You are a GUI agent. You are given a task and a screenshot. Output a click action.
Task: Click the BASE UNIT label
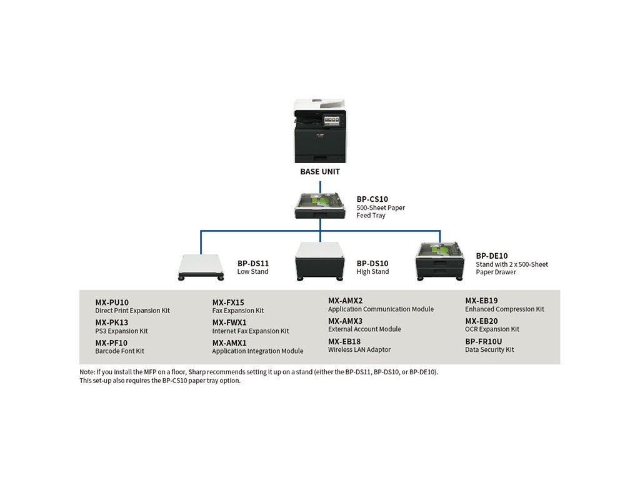pyautogui.click(x=320, y=172)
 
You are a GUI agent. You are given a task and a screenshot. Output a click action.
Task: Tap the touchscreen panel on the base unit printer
pyautogui.click(x=331, y=121)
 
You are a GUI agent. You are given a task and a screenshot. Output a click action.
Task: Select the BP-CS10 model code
pyautogui.click(x=372, y=199)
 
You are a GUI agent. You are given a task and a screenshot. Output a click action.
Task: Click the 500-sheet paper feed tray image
pyautogui.click(x=321, y=205)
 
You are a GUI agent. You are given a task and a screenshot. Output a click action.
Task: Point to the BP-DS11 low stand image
pyautogui.click(x=201, y=267)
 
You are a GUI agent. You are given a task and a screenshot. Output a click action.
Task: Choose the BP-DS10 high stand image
pyautogui.click(x=320, y=261)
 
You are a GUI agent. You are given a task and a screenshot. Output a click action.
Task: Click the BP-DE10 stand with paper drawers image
pyautogui.click(x=440, y=262)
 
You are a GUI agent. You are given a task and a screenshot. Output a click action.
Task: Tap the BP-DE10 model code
pyautogui.click(x=492, y=256)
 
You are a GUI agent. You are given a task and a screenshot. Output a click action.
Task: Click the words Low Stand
pyautogui.click(x=252, y=272)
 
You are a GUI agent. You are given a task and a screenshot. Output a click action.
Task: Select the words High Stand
pyautogui.click(x=372, y=272)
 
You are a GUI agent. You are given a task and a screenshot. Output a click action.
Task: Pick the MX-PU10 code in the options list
pyautogui.click(x=112, y=302)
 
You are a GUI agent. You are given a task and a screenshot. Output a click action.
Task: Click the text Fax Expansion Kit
pyautogui.click(x=238, y=311)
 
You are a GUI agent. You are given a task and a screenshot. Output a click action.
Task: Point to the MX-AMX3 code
pyautogui.click(x=345, y=321)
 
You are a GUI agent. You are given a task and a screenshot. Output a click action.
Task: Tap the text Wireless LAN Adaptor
pyautogui.click(x=359, y=350)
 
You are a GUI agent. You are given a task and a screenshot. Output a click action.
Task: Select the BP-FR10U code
pyautogui.click(x=484, y=342)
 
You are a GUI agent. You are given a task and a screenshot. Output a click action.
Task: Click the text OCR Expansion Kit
pyautogui.click(x=492, y=329)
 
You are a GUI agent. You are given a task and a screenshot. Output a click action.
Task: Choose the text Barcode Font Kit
pyautogui.click(x=119, y=351)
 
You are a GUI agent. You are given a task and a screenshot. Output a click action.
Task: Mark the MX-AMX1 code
pyautogui.click(x=229, y=343)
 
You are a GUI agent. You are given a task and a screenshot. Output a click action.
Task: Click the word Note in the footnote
pyautogui.click(x=87, y=372)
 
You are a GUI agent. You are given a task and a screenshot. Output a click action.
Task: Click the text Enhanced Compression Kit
pyautogui.click(x=504, y=309)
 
